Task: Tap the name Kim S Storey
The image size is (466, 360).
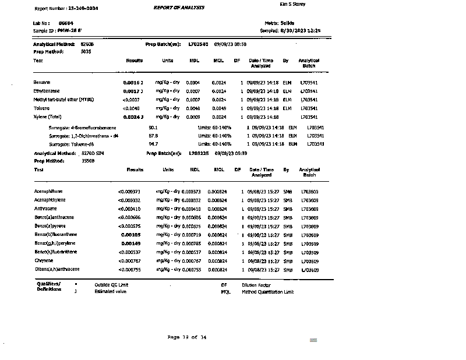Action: [292, 5]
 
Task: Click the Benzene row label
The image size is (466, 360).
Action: [42, 83]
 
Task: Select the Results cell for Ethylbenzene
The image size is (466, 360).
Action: [133, 91]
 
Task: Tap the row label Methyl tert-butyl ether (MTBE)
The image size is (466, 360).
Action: [63, 100]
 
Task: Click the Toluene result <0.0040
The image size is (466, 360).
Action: [131, 108]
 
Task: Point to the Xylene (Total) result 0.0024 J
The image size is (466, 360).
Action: [133, 117]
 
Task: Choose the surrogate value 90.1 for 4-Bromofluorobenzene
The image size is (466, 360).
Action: [153, 127]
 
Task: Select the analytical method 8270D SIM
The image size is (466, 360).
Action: [92, 153]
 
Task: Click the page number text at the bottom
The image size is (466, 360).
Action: [186, 337]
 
